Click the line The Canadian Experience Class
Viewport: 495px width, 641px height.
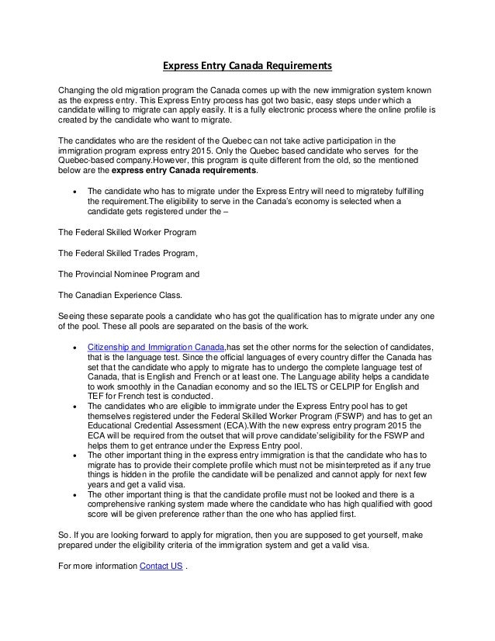click(x=120, y=295)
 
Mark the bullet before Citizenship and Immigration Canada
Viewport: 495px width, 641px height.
click(x=74, y=346)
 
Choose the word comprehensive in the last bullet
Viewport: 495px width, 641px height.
click(x=121, y=508)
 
